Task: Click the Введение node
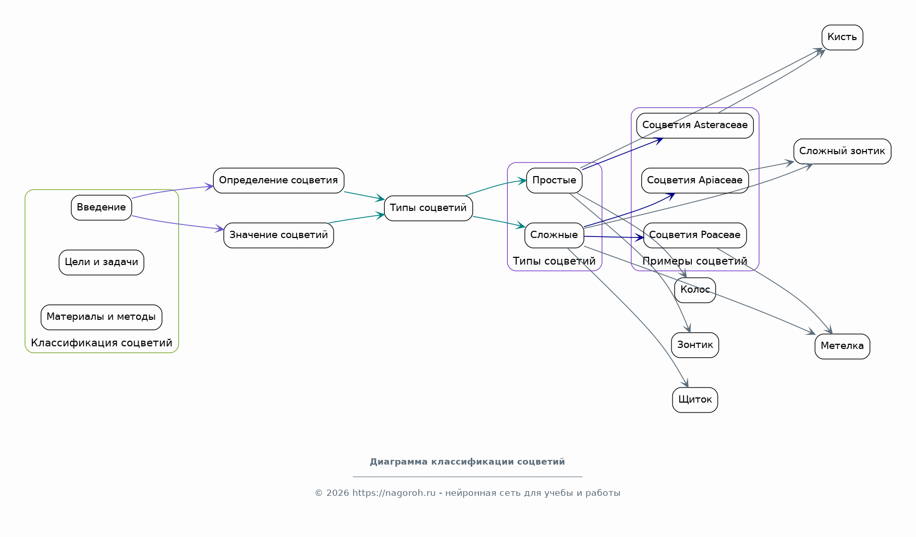[101, 207]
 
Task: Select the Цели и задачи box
[101, 262]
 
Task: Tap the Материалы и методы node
[101, 317]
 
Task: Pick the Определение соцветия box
[278, 180]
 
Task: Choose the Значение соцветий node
[278, 235]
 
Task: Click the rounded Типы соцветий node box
[428, 208]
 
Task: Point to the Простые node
[554, 180]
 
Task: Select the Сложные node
[554, 235]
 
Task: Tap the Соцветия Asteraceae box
[695, 125]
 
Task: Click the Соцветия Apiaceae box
[695, 180]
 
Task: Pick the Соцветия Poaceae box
[695, 235]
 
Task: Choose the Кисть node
[842, 37]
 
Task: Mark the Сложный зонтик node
[842, 151]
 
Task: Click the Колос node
[695, 290]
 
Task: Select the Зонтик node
[695, 345]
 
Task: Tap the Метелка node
[842, 346]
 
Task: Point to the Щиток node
[695, 399]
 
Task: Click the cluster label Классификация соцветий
[102, 343]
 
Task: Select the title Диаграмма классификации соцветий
[467, 461]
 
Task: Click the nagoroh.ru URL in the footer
[394, 493]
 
